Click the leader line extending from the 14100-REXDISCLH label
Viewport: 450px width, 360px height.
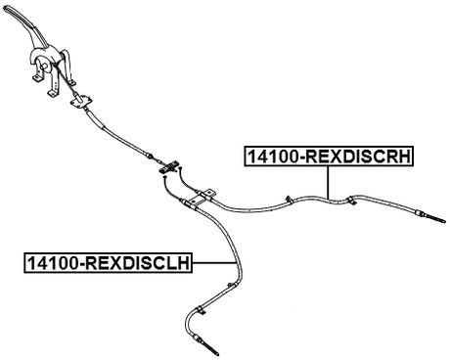[x=214, y=261]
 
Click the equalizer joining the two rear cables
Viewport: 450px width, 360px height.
[x=169, y=169]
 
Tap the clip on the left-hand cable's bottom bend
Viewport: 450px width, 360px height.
[x=200, y=311]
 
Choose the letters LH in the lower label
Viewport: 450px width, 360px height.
[x=177, y=261]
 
